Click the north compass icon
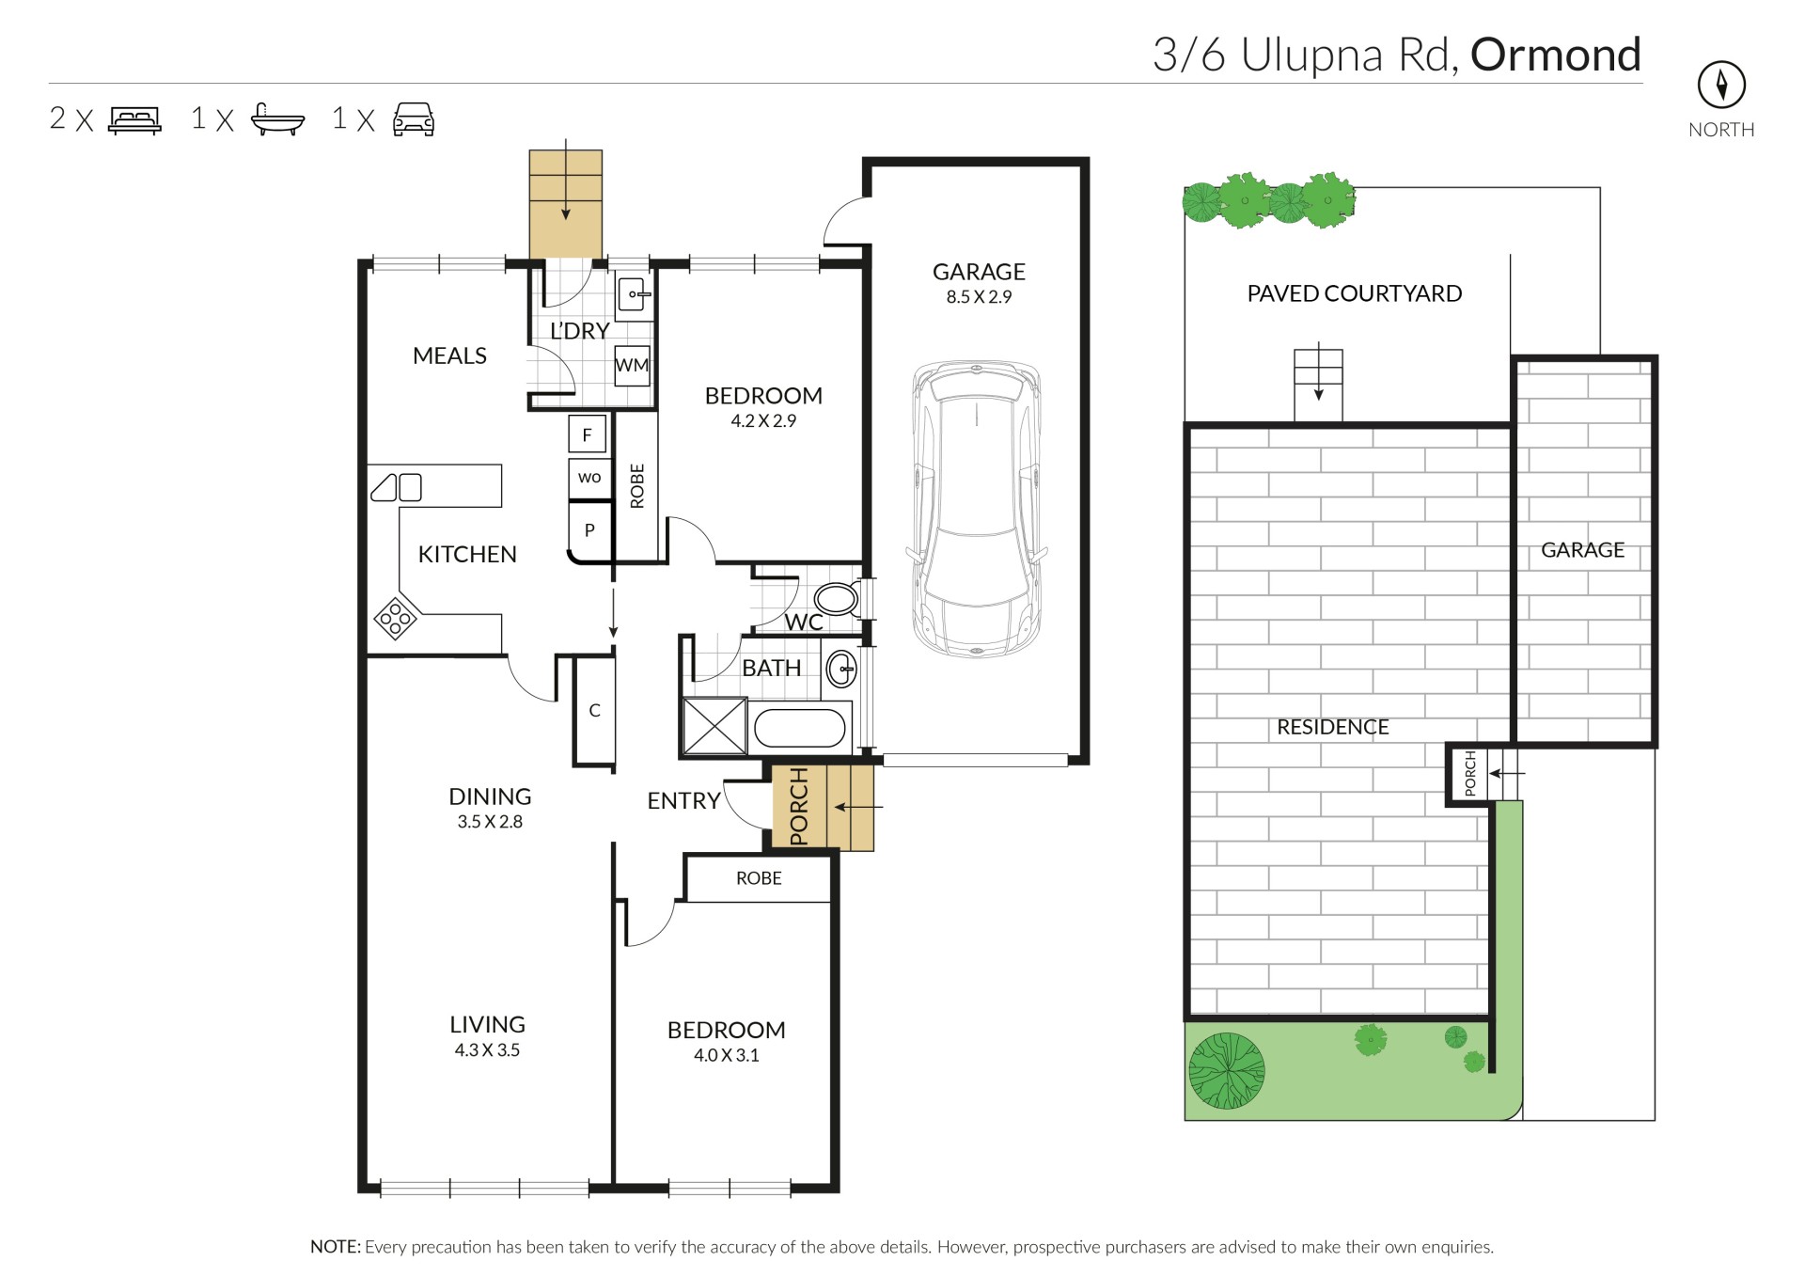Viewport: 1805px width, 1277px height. point(1720,86)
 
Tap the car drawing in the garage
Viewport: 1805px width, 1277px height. point(977,509)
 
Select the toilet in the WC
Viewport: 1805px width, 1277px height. point(835,598)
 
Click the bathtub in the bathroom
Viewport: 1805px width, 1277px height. point(800,727)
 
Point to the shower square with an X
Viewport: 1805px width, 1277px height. point(714,726)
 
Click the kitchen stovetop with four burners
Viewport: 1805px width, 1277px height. point(396,618)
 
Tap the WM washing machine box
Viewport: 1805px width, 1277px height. point(632,365)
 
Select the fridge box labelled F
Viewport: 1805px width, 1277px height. point(588,434)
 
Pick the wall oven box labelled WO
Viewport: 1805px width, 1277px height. point(589,478)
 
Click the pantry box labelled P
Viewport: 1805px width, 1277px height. point(589,530)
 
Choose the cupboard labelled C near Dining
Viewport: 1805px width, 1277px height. point(594,711)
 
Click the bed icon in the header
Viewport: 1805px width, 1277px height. point(135,120)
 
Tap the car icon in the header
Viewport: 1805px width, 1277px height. point(414,119)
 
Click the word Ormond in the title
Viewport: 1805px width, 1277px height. point(1556,55)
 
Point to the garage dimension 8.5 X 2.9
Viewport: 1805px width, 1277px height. point(979,296)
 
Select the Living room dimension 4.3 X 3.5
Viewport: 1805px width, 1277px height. point(487,1049)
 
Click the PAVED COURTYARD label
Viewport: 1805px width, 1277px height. point(1354,293)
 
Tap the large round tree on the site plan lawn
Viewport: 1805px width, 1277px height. point(1226,1070)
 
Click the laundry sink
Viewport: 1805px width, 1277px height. point(634,294)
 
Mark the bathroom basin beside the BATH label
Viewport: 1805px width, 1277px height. point(841,670)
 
